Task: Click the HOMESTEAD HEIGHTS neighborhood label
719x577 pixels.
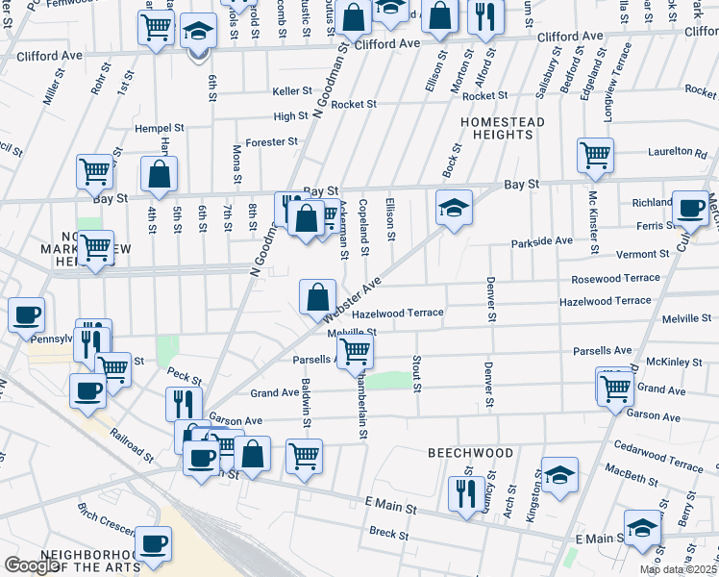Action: point(502,128)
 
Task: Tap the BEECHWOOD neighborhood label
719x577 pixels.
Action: point(470,452)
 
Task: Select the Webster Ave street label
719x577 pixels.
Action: point(353,298)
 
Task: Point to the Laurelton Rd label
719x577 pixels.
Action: point(677,152)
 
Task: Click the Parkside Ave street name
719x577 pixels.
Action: point(541,241)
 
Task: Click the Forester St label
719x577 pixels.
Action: point(272,142)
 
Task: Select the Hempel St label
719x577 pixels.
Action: point(160,127)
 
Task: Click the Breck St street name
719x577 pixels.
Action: point(389,532)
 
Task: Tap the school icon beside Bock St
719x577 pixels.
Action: point(454,208)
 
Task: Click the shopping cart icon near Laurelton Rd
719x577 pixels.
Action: point(596,154)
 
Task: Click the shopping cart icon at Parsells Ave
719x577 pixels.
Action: point(355,353)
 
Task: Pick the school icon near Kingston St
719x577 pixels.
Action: point(559,475)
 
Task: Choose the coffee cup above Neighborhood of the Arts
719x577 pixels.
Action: point(153,543)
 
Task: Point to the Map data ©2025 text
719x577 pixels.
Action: point(678,569)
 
